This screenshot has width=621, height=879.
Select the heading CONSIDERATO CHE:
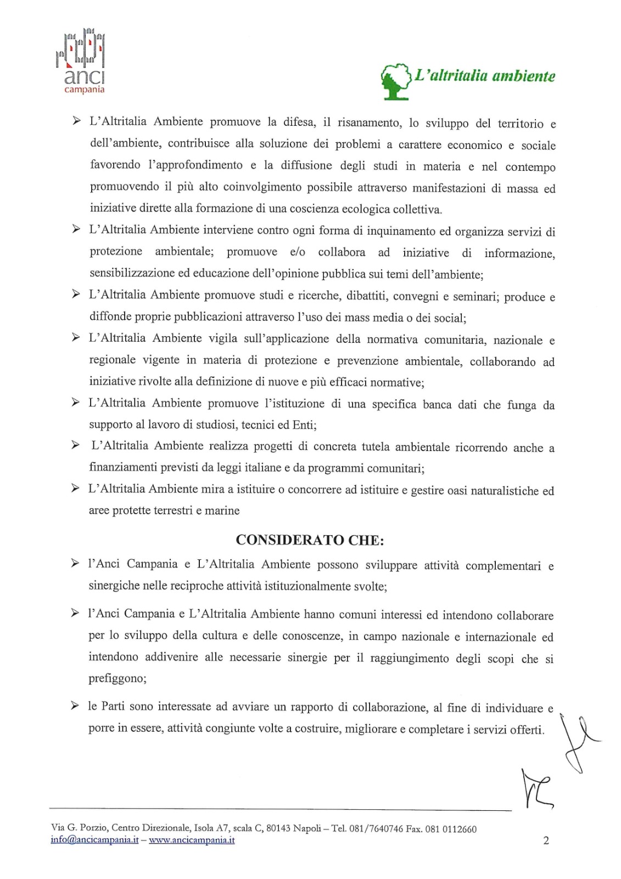coord(310,540)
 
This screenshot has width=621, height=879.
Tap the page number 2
coord(546,840)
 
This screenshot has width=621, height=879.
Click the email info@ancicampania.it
coord(94,840)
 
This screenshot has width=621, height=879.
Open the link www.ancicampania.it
coord(192,840)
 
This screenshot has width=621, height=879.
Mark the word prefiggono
coord(118,678)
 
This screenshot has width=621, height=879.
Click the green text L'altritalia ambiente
coord(485,76)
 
